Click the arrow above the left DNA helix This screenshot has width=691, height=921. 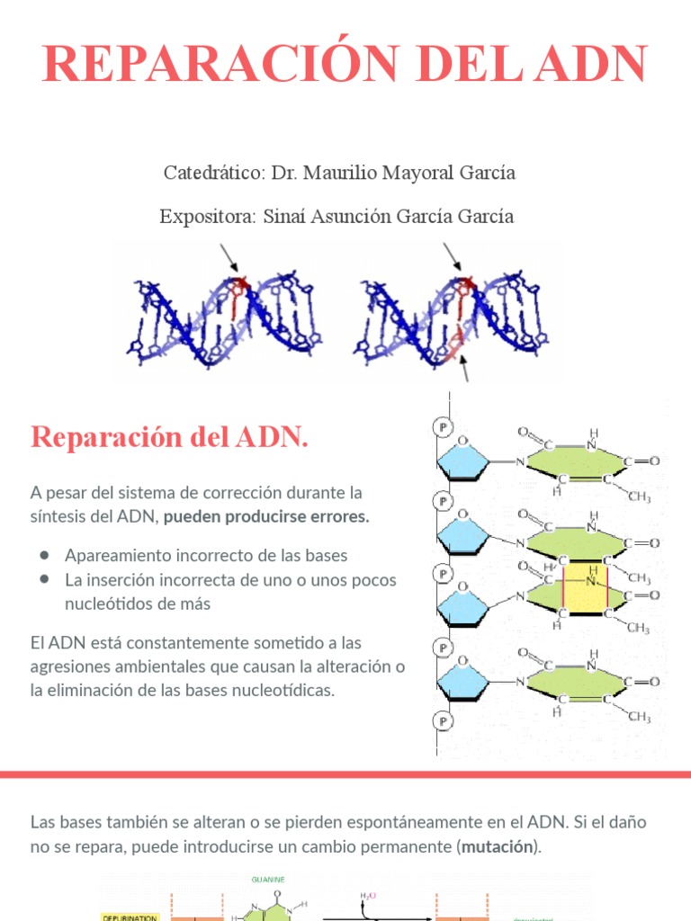pyautogui.click(x=229, y=259)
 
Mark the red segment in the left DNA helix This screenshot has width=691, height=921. pyautogui.click(x=238, y=297)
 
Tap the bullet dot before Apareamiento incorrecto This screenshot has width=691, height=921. pyautogui.click(x=43, y=555)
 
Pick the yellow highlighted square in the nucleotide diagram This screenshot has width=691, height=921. pyautogui.click(x=584, y=590)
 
